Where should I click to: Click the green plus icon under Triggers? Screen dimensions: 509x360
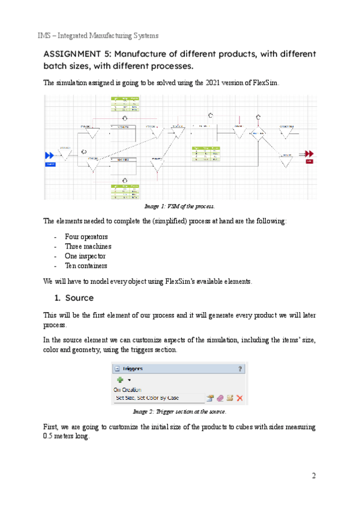click(x=118, y=379)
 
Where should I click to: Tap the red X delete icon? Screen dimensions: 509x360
click(x=239, y=398)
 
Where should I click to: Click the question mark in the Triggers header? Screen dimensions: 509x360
click(x=240, y=369)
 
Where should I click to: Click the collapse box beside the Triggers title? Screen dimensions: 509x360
click(x=117, y=369)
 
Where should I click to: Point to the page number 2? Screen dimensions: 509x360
click(x=313, y=476)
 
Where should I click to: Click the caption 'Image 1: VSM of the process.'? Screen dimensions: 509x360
click(x=180, y=206)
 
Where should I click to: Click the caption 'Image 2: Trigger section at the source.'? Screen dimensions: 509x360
click(x=180, y=413)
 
